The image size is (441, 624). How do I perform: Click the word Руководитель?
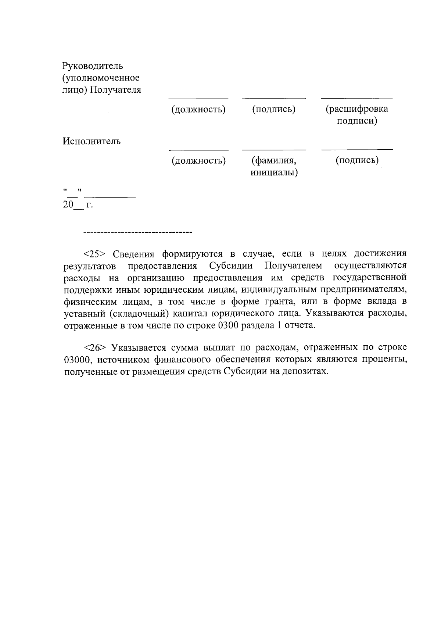(x=93, y=66)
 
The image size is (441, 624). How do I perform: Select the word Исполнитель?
(x=92, y=141)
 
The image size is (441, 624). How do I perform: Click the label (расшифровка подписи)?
(x=357, y=115)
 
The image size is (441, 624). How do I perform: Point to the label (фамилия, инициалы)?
(x=274, y=166)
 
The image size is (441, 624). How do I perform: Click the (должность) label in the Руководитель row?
(x=198, y=109)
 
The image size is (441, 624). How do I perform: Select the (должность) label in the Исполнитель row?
(x=198, y=160)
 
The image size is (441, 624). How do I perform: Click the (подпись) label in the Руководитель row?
(x=274, y=109)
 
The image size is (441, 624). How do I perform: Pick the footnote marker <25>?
(x=95, y=254)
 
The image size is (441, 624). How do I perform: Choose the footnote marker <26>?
(x=95, y=347)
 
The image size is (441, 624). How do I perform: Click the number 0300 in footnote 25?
(x=227, y=325)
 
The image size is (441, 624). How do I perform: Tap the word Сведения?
(x=132, y=254)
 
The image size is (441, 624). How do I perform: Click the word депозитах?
(x=304, y=371)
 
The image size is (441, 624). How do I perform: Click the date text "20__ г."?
(x=78, y=205)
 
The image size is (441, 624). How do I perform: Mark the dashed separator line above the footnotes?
(x=138, y=232)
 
